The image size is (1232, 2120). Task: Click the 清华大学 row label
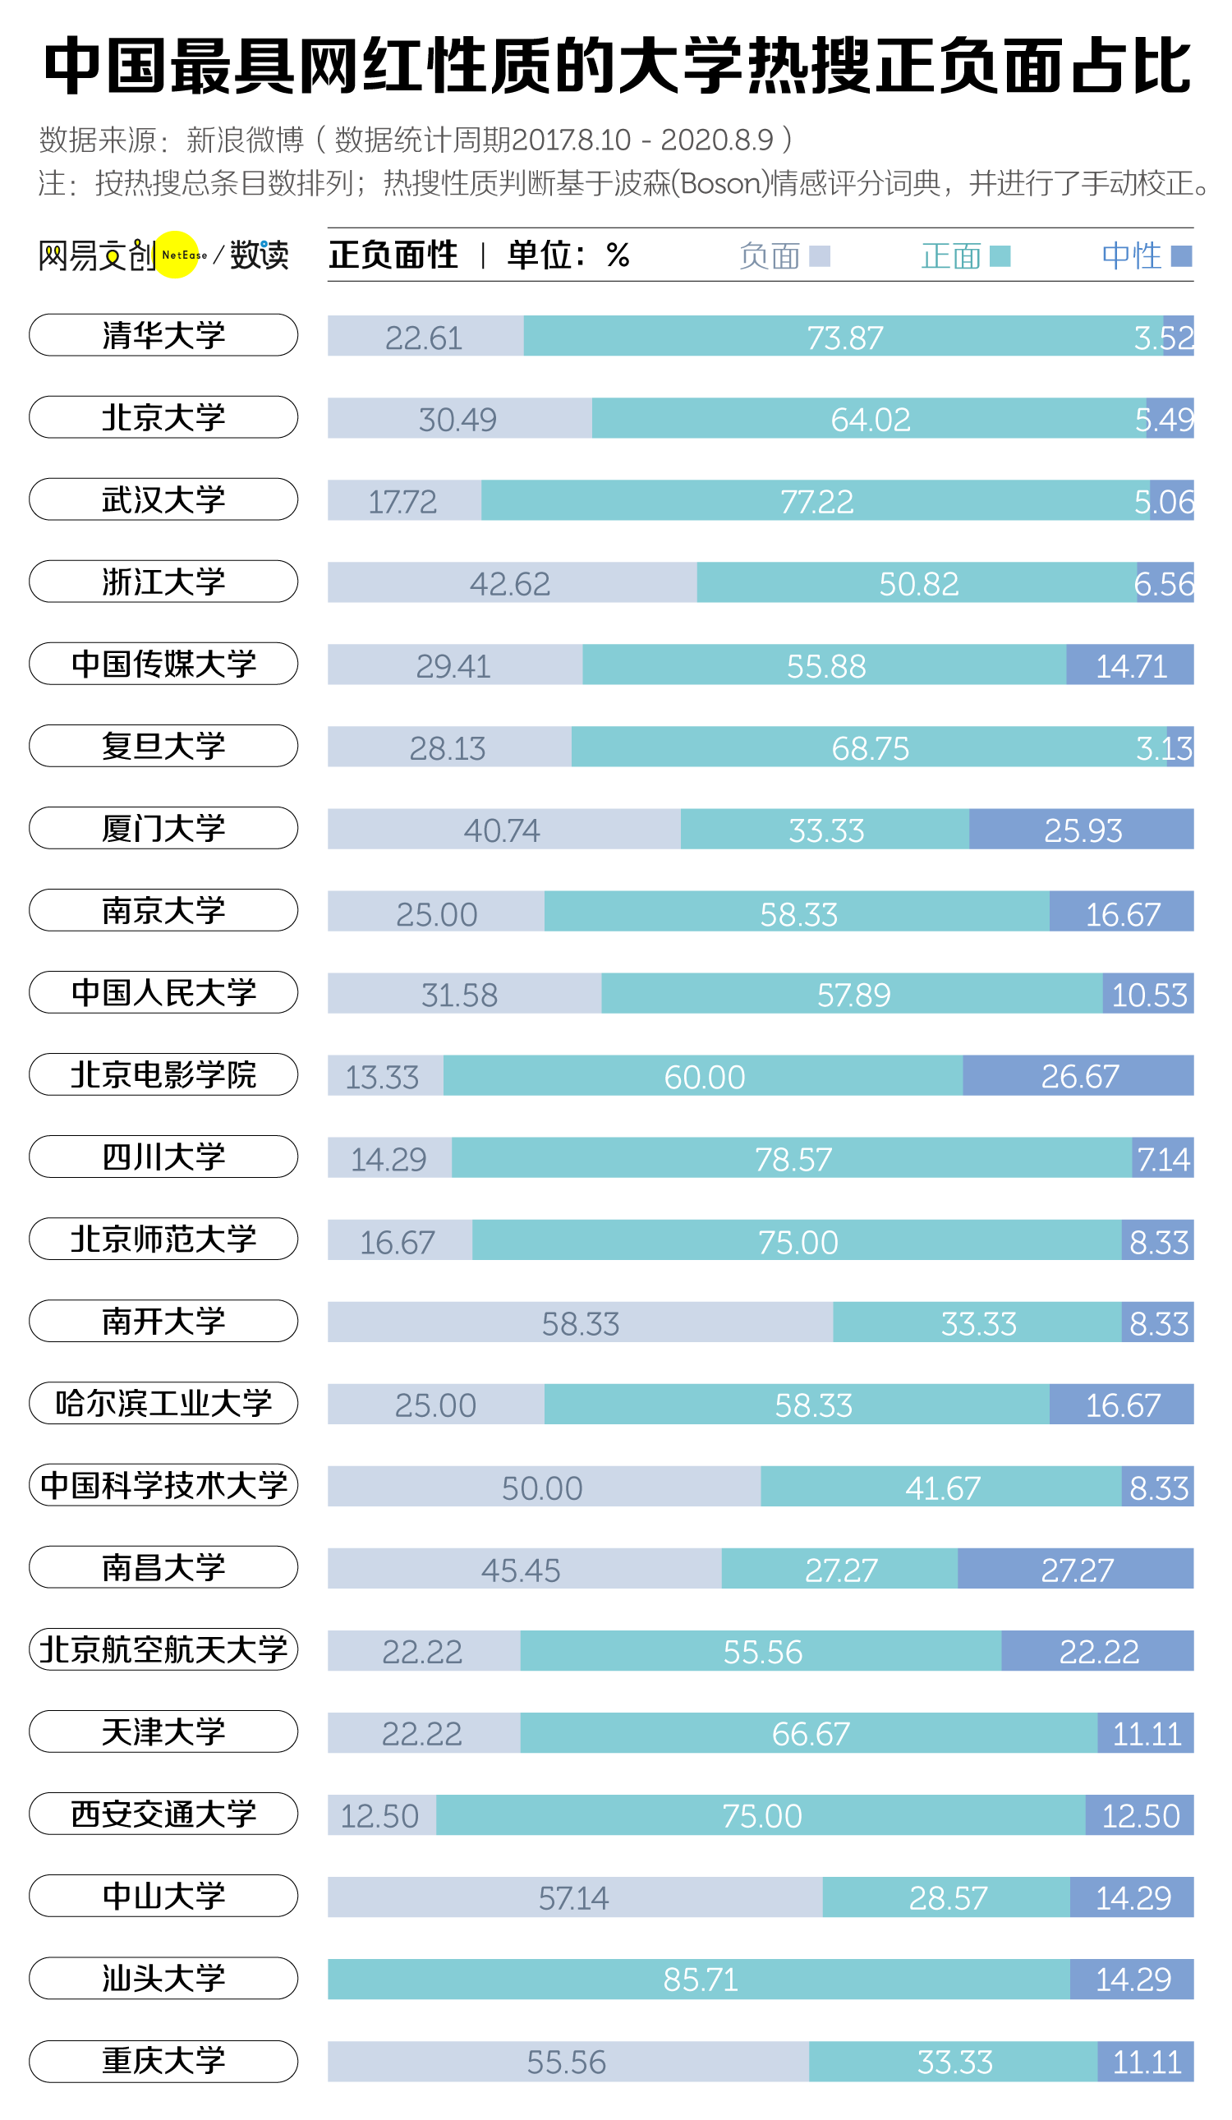pyautogui.click(x=163, y=335)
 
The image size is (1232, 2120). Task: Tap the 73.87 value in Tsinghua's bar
pyautogui.click(x=844, y=338)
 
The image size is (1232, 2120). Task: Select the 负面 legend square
pyautogui.click(x=819, y=255)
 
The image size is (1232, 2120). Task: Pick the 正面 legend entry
pyautogui.click(x=964, y=255)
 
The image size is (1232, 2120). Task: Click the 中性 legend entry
pyautogui.click(x=1146, y=255)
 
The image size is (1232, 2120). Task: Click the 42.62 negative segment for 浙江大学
pyautogui.click(x=511, y=583)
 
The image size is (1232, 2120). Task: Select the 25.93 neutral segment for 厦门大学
pyautogui.click(x=1083, y=830)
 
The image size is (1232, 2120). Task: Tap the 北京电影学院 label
pyautogui.click(x=163, y=1074)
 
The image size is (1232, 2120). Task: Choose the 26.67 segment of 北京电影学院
pyautogui.click(x=1079, y=1076)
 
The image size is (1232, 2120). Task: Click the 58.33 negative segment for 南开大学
pyautogui.click(x=580, y=1323)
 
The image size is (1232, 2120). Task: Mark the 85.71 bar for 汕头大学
pyautogui.click(x=700, y=1979)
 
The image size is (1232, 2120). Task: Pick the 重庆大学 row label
pyautogui.click(x=163, y=2060)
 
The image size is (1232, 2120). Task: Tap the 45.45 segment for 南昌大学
pyautogui.click(x=521, y=1570)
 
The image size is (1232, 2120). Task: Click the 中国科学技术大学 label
pyautogui.click(x=163, y=1485)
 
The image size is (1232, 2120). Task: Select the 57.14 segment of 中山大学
pyautogui.click(x=573, y=1897)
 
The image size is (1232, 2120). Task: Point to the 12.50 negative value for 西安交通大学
pyautogui.click(x=379, y=1815)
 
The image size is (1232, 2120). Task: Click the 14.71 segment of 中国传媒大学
pyautogui.click(x=1130, y=665)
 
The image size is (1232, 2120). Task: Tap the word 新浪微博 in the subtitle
pyautogui.click(x=245, y=140)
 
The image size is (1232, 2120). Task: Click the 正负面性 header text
pyautogui.click(x=393, y=255)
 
